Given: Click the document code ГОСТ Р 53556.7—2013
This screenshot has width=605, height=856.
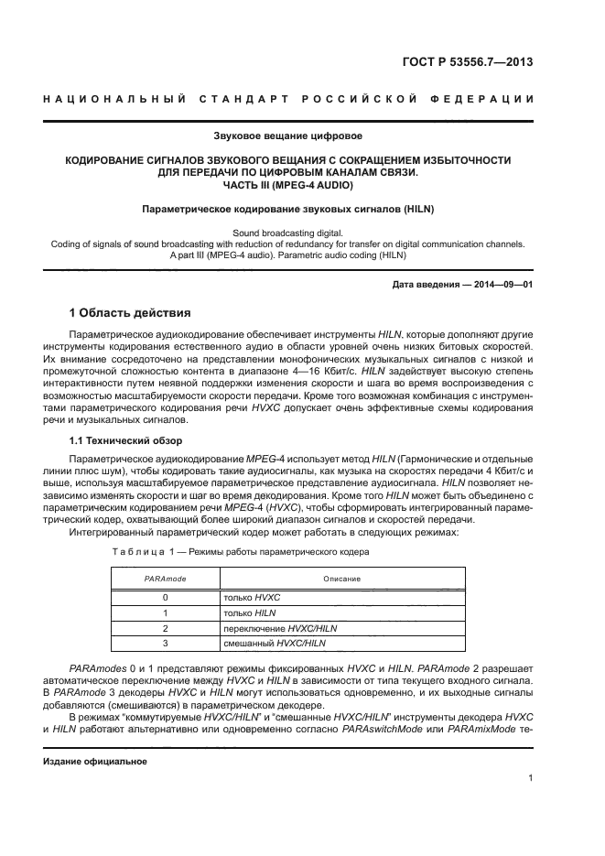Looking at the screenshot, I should [x=468, y=62].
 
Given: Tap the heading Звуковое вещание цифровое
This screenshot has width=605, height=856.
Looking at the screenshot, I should [x=286, y=136].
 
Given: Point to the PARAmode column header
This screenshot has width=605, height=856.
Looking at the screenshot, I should [x=166, y=579].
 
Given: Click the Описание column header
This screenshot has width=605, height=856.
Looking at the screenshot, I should [x=341, y=579].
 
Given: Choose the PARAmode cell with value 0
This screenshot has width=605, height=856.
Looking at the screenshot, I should [x=166, y=596].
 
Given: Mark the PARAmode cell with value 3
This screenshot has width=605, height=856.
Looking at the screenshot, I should [x=166, y=644].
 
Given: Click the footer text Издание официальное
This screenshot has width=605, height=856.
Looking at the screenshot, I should [x=96, y=762].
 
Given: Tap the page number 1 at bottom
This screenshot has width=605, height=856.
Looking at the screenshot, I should [x=531, y=778].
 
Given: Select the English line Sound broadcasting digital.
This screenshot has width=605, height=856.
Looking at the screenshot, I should [x=286, y=233].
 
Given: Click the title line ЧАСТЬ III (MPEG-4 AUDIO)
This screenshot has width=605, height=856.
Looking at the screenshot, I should [x=286, y=185].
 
